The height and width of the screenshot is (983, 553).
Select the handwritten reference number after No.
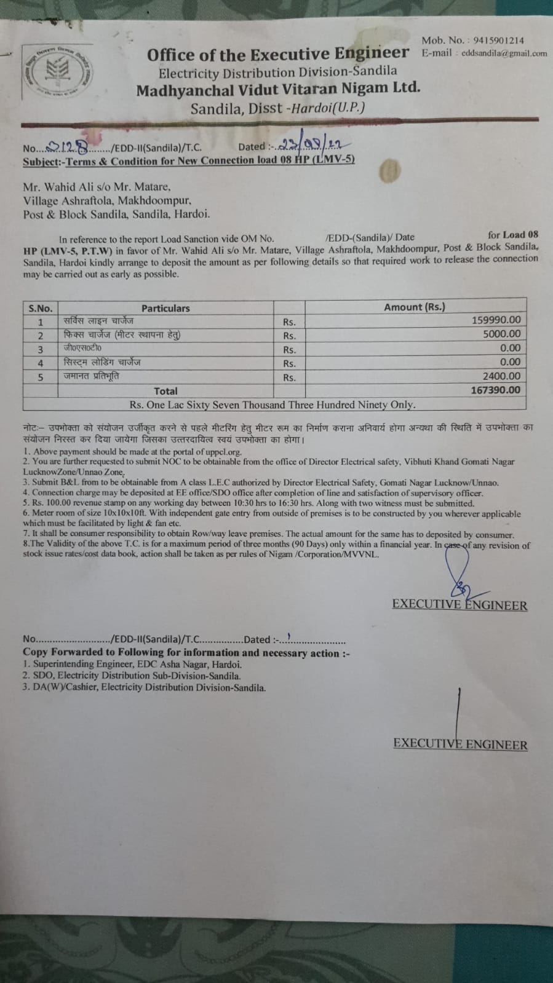(72, 146)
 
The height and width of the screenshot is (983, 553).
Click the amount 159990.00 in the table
(496, 320)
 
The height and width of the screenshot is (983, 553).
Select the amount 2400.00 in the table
(501, 376)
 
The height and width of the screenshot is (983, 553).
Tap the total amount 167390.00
(496, 390)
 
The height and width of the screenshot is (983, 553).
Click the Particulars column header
(165, 308)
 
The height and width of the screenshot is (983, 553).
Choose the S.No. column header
(41, 308)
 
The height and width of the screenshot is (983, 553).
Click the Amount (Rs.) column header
(415, 307)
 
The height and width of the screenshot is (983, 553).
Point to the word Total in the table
(165, 391)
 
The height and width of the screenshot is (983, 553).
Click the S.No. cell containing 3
(41, 349)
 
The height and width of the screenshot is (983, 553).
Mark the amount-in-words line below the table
(273, 405)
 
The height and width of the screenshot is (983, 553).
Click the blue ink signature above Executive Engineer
(458, 572)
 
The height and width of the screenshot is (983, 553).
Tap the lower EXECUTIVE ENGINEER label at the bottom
(460, 744)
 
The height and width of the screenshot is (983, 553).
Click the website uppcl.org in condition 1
(220, 452)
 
